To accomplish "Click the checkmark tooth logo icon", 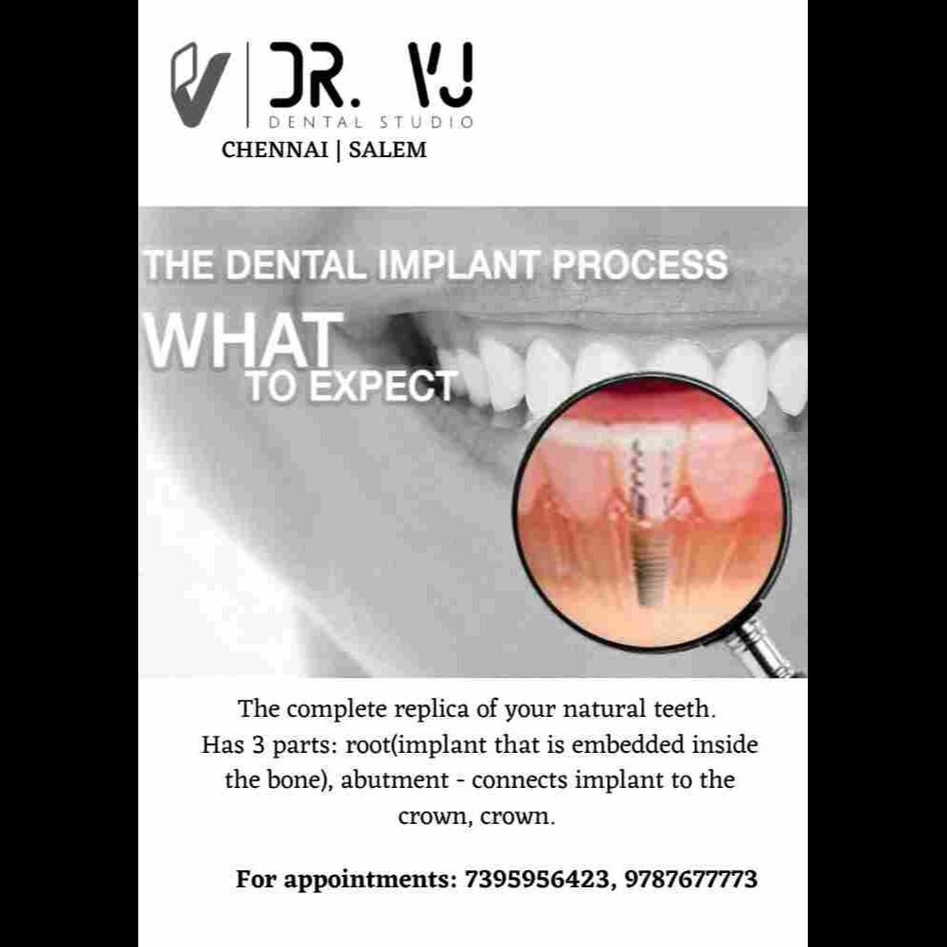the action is (x=199, y=84).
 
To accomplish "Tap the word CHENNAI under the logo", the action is (x=275, y=150).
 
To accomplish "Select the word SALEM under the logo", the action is (x=387, y=150).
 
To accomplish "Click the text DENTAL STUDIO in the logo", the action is (x=370, y=122).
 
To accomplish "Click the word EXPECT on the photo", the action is (x=383, y=386).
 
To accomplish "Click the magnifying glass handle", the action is (x=764, y=649).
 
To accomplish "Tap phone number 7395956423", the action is (x=537, y=880).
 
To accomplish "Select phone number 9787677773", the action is (x=691, y=880).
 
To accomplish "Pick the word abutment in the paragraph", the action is (x=395, y=780).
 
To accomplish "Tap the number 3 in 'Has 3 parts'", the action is (x=259, y=745).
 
